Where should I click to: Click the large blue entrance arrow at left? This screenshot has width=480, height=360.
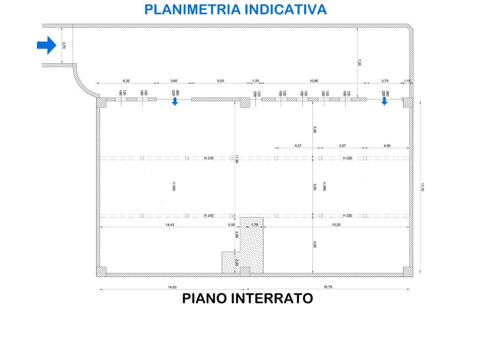coord(46,45)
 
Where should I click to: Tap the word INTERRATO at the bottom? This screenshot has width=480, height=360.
coord(273,298)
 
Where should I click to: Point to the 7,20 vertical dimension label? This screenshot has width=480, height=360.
coord(360,62)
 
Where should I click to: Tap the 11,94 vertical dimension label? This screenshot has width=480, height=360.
coord(237,159)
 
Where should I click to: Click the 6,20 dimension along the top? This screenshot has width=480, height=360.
coord(126,81)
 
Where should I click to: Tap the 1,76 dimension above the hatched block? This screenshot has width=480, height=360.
coord(255,225)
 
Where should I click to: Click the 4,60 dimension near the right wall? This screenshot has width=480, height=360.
coord(387,146)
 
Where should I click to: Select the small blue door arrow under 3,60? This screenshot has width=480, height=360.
coord(175,102)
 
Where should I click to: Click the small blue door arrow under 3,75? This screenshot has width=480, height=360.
coord(384,102)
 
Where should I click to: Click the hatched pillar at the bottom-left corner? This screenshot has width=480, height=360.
coord(101,271)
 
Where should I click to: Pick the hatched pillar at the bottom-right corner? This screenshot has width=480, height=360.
coord(407,271)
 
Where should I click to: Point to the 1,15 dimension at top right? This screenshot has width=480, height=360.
coord(407,81)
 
